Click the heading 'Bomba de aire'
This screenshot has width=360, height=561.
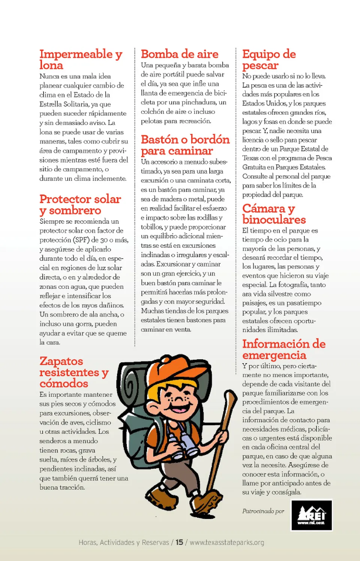[179, 54]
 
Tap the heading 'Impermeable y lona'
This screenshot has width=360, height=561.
[81, 60]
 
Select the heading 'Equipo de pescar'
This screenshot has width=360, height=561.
[269, 60]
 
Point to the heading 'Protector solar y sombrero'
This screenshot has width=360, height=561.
[80, 205]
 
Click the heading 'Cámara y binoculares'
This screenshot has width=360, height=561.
[274, 214]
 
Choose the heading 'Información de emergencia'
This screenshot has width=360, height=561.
[283, 349]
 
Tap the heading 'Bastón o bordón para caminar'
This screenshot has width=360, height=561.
[185, 145]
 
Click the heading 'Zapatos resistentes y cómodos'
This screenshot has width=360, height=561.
[74, 372]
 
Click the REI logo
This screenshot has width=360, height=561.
[312, 515]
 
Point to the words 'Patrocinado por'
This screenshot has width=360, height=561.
[263, 511]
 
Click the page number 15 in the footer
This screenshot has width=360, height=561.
[179, 542]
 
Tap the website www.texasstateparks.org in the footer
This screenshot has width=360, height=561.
[227, 542]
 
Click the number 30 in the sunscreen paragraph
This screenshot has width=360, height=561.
[104, 240]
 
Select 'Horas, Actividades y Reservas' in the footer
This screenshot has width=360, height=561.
[124, 542]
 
